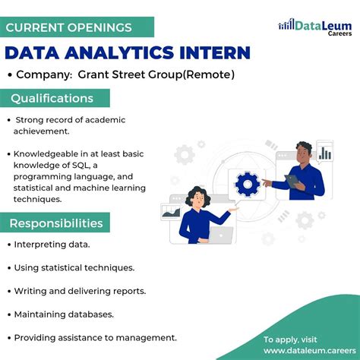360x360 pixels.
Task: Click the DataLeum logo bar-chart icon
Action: click(286, 25)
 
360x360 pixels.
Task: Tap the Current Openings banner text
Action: click(69, 27)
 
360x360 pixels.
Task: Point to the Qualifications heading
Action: click(52, 99)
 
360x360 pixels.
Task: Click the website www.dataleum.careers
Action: click(305, 351)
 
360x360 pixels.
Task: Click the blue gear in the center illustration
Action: click(248, 183)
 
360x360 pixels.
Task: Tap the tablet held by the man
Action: click(292, 180)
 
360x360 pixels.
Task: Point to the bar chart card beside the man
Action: click(325, 153)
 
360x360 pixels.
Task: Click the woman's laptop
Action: click(219, 236)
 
